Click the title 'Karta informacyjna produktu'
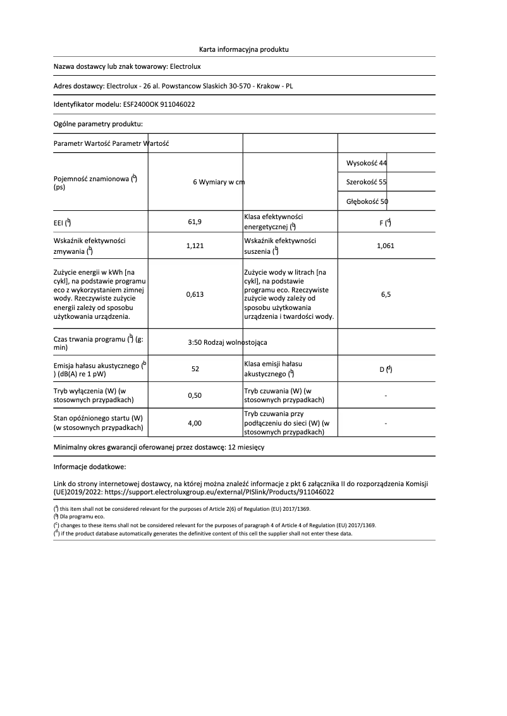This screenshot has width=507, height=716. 243,49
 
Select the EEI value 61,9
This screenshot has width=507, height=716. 195,222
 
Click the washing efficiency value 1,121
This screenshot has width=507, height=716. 195,246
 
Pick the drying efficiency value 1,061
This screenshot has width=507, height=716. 385,246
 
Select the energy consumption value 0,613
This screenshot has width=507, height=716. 195,294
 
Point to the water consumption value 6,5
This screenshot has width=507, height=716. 385,294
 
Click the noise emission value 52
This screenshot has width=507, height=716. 195,369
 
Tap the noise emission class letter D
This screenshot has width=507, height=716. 382,369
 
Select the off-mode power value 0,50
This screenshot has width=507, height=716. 195,395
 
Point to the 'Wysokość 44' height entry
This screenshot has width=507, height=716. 367,163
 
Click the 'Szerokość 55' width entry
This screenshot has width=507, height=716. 367,182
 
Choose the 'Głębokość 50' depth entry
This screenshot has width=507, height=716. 367,201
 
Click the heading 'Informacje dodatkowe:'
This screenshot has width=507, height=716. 90,467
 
